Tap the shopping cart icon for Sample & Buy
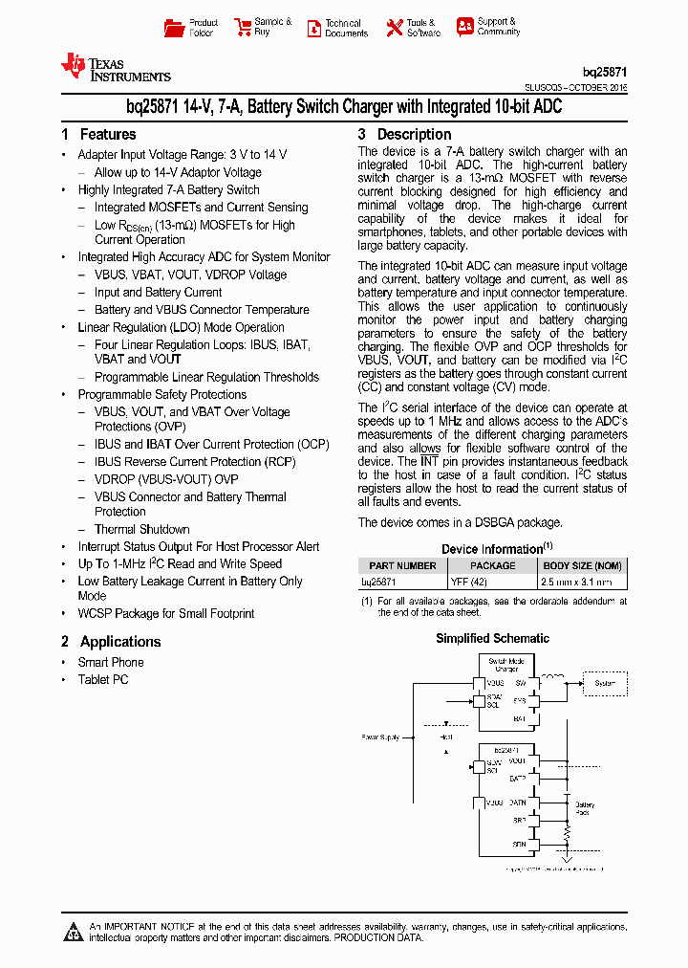point(242,28)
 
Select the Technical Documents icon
point(313,29)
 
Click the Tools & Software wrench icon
point(394,28)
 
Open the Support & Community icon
point(464,27)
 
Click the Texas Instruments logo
point(116,67)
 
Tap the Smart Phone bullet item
point(111,662)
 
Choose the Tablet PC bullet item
point(103,679)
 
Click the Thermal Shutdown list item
point(141,529)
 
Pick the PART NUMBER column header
point(402,565)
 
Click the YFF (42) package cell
point(469,581)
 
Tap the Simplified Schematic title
point(492,638)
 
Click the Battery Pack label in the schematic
point(585,808)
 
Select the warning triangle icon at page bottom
point(75,932)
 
